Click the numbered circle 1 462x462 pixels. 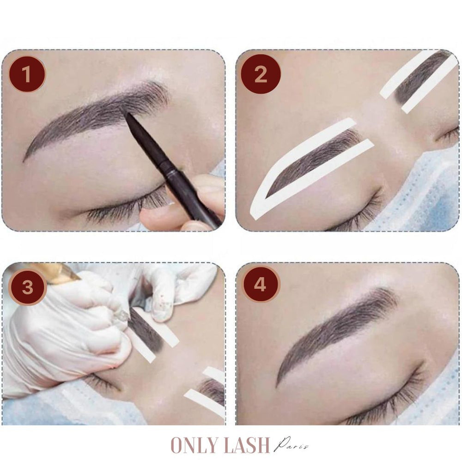(x=27, y=74)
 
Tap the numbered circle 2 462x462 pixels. (x=261, y=74)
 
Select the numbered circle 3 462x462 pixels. (x=27, y=286)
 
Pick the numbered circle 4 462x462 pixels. (x=260, y=284)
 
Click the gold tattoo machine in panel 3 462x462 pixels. (x=60, y=273)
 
